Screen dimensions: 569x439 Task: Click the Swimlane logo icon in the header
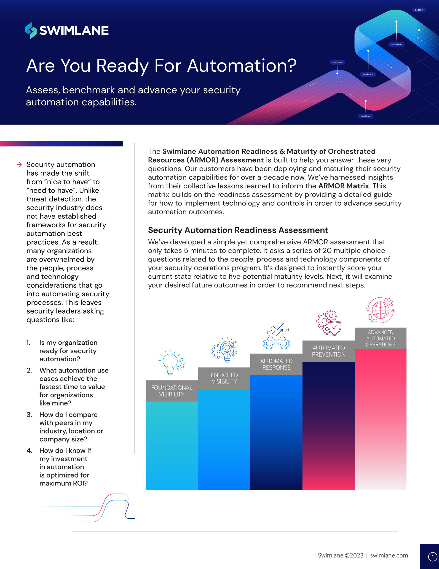click(x=31, y=30)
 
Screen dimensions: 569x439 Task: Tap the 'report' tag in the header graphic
click(x=419, y=10)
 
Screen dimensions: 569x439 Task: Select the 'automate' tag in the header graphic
click(x=396, y=45)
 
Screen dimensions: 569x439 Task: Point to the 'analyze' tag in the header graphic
click(x=337, y=62)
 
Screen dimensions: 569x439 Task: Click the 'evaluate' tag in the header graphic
click(x=368, y=74)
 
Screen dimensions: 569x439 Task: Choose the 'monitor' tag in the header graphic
click(x=365, y=116)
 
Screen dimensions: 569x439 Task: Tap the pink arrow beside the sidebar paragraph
click(x=19, y=164)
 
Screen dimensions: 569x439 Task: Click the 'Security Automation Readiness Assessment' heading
click(x=238, y=230)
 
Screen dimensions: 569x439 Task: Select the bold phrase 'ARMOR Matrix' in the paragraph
click(x=343, y=186)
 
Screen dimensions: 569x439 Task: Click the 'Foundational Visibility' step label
click(x=172, y=391)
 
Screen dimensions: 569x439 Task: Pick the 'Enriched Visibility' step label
click(x=224, y=378)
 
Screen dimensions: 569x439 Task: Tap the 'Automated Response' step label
click(x=276, y=364)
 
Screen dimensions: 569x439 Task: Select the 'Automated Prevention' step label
click(x=329, y=351)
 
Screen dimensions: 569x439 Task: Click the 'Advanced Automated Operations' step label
click(x=380, y=338)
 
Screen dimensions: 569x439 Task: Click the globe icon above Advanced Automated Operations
click(x=380, y=310)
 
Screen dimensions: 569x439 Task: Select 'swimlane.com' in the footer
click(x=389, y=555)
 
